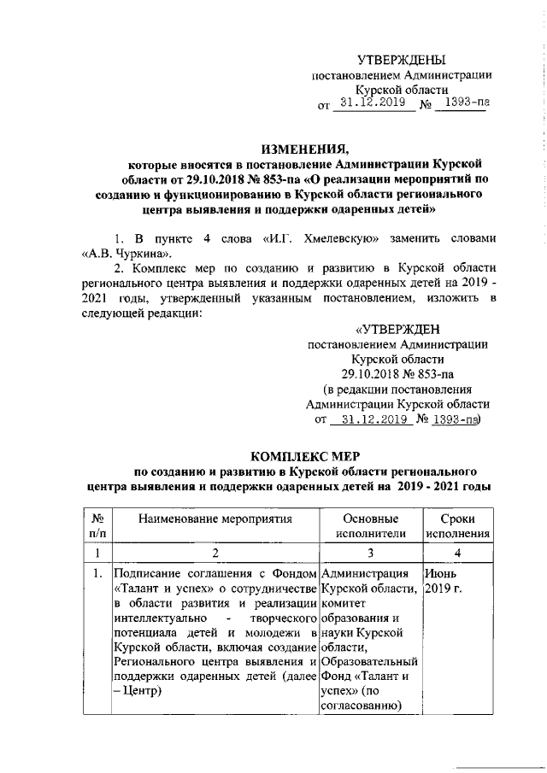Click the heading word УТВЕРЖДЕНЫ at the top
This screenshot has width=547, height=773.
[x=402, y=59]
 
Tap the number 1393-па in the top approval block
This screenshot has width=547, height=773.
[x=462, y=105]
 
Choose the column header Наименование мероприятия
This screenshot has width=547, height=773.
[x=215, y=518]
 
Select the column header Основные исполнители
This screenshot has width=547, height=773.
[x=370, y=526]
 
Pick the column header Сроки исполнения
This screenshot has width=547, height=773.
[x=458, y=526]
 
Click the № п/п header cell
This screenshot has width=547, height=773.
[x=97, y=526]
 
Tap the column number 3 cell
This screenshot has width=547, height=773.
[x=370, y=553]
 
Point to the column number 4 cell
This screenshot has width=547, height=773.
[x=458, y=553]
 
